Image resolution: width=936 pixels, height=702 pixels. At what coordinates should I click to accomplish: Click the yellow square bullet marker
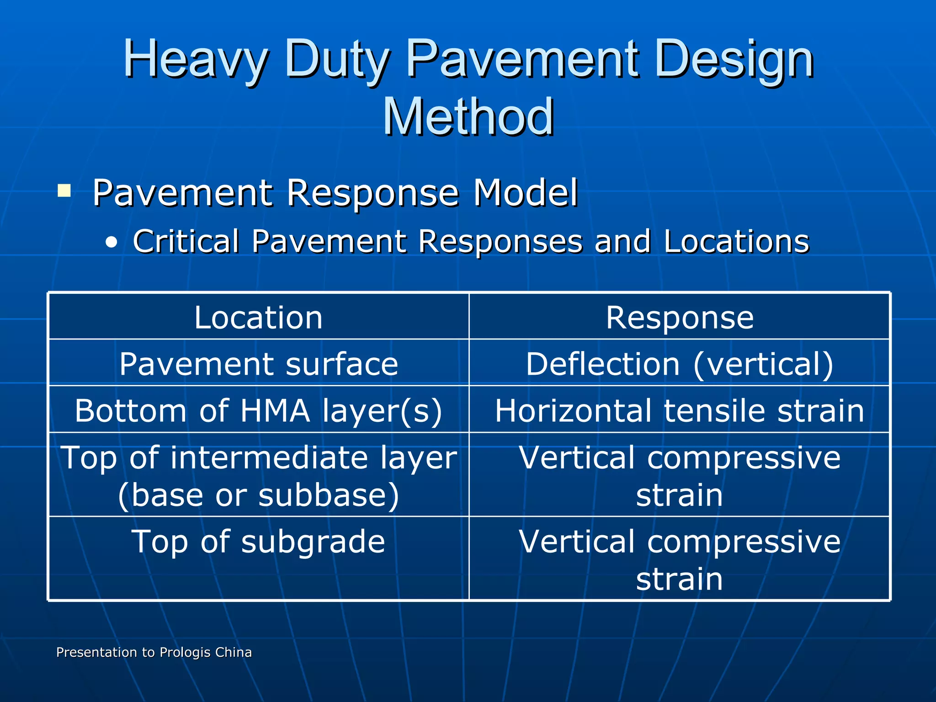pyautogui.click(x=64, y=190)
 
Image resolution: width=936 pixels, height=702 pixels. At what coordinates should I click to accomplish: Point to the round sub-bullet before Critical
pyautogui.click(x=111, y=243)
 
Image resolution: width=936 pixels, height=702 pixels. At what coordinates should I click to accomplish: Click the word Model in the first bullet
pyautogui.click(x=525, y=192)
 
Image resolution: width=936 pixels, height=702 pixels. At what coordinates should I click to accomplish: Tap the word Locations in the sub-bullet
pyautogui.click(x=736, y=241)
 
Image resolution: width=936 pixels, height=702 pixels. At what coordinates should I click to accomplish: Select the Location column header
pyautogui.click(x=259, y=317)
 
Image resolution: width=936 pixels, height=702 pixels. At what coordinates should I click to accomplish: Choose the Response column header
pyautogui.click(x=680, y=317)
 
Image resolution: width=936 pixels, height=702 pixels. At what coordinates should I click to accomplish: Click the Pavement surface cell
pyautogui.click(x=259, y=364)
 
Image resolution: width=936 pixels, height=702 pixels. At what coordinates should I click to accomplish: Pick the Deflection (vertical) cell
pyautogui.click(x=680, y=364)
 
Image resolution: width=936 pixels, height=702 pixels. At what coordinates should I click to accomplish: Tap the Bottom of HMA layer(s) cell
pyautogui.click(x=259, y=410)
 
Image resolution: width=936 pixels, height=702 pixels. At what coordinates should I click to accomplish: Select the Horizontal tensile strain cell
pyautogui.click(x=680, y=410)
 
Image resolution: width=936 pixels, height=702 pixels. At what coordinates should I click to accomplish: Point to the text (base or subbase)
pyautogui.click(x=259, y=495)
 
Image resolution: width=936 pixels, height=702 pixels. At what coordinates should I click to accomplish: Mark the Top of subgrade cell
pyautogui.click(x=259, y=542)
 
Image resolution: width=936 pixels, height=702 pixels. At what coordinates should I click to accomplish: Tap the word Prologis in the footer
pyautogui.click(x=185, y=652)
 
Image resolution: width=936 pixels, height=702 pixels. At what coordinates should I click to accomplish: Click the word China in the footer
pyautogui.click(x=233, y=652)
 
